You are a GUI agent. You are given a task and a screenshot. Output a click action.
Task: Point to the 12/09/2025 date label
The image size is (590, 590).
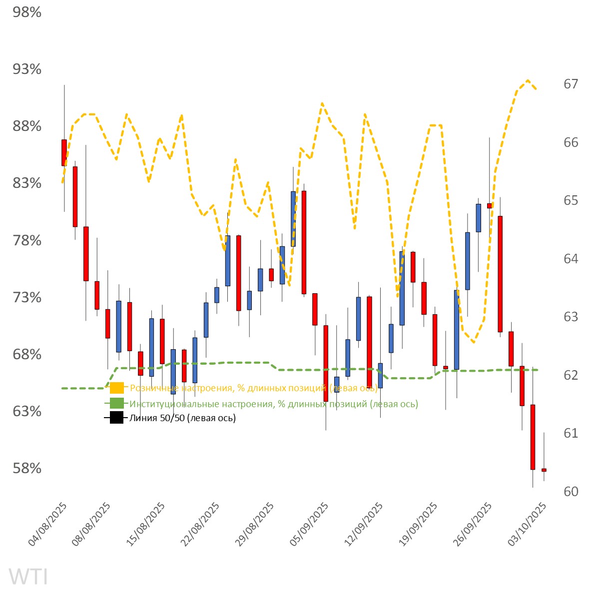365,525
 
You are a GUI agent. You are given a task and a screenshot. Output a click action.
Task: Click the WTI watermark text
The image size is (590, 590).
28,577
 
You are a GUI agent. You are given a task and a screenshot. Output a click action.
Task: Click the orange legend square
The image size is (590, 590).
117,388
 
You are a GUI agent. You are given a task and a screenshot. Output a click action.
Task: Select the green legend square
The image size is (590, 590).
117,404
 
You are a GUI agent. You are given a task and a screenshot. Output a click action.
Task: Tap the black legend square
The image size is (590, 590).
117,418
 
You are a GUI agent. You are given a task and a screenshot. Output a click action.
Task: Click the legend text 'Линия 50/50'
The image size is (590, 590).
182,418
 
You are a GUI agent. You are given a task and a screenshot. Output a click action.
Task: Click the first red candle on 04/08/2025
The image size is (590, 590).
64,152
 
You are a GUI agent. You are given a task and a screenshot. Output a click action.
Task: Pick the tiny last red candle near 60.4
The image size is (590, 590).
544,470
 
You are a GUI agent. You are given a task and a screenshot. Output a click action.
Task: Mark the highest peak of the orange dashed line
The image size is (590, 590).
528,80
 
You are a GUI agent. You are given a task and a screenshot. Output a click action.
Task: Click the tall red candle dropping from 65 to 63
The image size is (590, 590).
500,274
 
